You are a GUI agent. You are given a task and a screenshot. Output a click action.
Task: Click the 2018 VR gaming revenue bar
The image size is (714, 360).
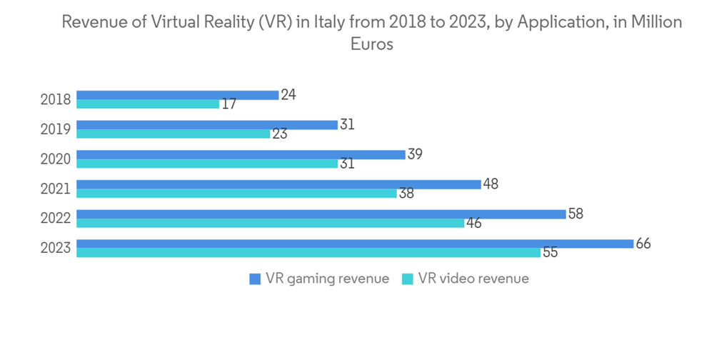point(177,95)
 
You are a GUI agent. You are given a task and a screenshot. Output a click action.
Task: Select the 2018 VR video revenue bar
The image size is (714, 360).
point(148,104)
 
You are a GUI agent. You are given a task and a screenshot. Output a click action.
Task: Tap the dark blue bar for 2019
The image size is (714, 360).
point(206,125)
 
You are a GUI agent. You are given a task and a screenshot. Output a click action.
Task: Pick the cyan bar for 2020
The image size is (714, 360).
point(206,164)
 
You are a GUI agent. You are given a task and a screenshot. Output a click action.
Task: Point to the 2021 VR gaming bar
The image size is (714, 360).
point(278,184)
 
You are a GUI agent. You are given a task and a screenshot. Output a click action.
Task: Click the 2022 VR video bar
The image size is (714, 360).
point(270,223)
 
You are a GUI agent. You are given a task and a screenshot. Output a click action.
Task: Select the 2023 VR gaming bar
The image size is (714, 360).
point(354,244)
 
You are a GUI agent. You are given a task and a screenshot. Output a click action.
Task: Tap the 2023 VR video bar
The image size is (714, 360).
point(308,253)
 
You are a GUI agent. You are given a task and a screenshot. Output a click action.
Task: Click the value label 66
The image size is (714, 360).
point(643,244)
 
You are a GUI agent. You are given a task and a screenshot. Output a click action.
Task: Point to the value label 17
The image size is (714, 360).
point(228,104)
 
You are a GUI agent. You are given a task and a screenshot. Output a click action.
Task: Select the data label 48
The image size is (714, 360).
point(490,184)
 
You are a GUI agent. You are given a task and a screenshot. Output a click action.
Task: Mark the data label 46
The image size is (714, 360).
point(473,223)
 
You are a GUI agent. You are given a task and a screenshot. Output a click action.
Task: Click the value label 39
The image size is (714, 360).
point(414,154)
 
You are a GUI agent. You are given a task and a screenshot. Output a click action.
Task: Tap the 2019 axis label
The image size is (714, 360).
point(56,129)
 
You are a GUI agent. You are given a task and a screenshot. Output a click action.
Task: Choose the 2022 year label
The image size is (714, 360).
point(56,219)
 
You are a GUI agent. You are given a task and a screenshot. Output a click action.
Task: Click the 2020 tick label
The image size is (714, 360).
point(56,159)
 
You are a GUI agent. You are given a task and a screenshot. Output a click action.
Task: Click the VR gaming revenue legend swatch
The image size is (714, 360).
point(254,279)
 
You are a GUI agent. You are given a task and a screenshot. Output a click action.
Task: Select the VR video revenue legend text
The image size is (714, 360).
point(473,279)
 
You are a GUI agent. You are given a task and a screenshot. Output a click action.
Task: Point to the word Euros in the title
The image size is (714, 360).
point(372,44)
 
